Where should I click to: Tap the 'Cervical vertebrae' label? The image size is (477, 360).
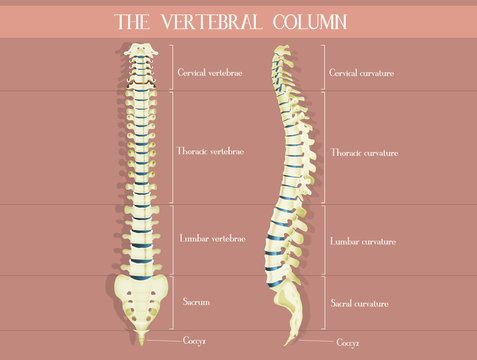pos(211,72)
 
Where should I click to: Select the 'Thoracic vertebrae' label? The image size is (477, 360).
pos(211,151)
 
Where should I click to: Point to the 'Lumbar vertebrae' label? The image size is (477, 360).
pos(211,240)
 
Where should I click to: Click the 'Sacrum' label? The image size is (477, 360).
pos(196,300)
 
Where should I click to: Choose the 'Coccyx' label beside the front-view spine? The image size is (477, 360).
pos(195,340)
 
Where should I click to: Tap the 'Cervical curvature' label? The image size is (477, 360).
pos(363,72)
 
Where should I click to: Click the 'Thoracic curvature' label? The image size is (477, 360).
pos(364,153)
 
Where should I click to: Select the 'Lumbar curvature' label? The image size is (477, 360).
pos(363,241)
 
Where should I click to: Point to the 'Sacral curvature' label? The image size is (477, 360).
pos(360,302)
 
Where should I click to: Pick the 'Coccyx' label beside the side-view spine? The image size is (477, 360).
pos(347,342)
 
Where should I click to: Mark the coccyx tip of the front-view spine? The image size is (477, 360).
pos(142,341)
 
